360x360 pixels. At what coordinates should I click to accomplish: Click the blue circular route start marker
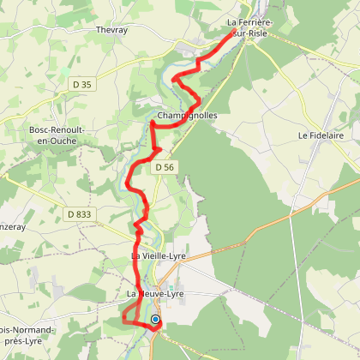tap(155, 320)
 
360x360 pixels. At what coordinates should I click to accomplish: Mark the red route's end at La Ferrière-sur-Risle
tap(233, 33)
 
